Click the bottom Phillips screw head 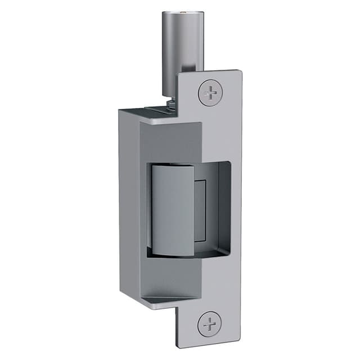(x=209, y=325)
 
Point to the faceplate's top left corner (x=179, y=75)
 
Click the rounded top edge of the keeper (x=171, y=166)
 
